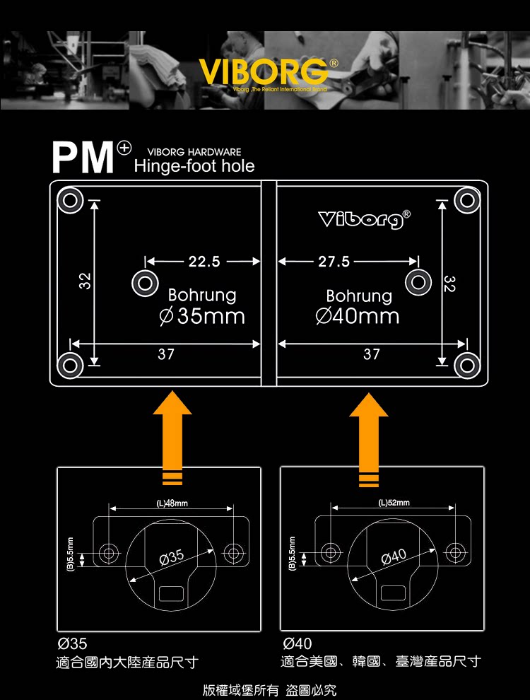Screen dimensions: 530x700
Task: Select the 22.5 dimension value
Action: pyautogui.click(x=204, y=262)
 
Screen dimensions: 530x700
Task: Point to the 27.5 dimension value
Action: pyautogui.click(x=334, y=262)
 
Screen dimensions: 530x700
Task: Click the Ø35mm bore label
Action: pyautogui.click(x=202, y=315)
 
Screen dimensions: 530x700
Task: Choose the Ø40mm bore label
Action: pyautogui.click(x=358, y=315)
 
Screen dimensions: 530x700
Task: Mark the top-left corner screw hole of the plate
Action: pyautogui.click(x=69, y=199)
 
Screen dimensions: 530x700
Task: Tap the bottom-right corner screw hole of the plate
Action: pyautogui.click(x=467, y=365)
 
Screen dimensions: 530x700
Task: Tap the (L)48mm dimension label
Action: pyautogui.click(x=170, y=503)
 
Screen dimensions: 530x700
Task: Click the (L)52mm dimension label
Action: pyautogui.click(x=394, y=503)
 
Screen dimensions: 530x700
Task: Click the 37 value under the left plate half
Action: pyautogui.click(x=165, y=354)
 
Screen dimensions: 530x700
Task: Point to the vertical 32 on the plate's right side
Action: pyautogui.click(x=450, y=284)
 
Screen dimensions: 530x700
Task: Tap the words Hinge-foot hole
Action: pyautogui.click(x=194, y=166)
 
